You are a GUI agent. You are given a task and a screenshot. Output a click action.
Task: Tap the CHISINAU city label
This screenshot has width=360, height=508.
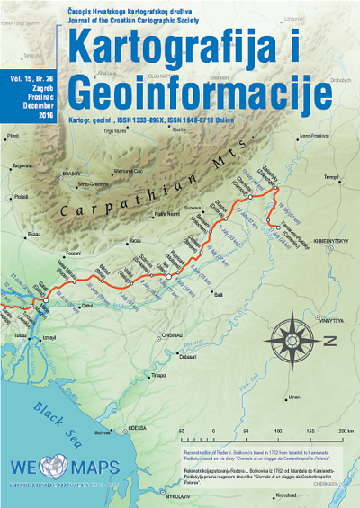pyautogui.click(x=172, y=334)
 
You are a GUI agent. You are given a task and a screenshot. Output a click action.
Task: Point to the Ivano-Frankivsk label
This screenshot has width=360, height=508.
pyautogui.click(x=313, y=136)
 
